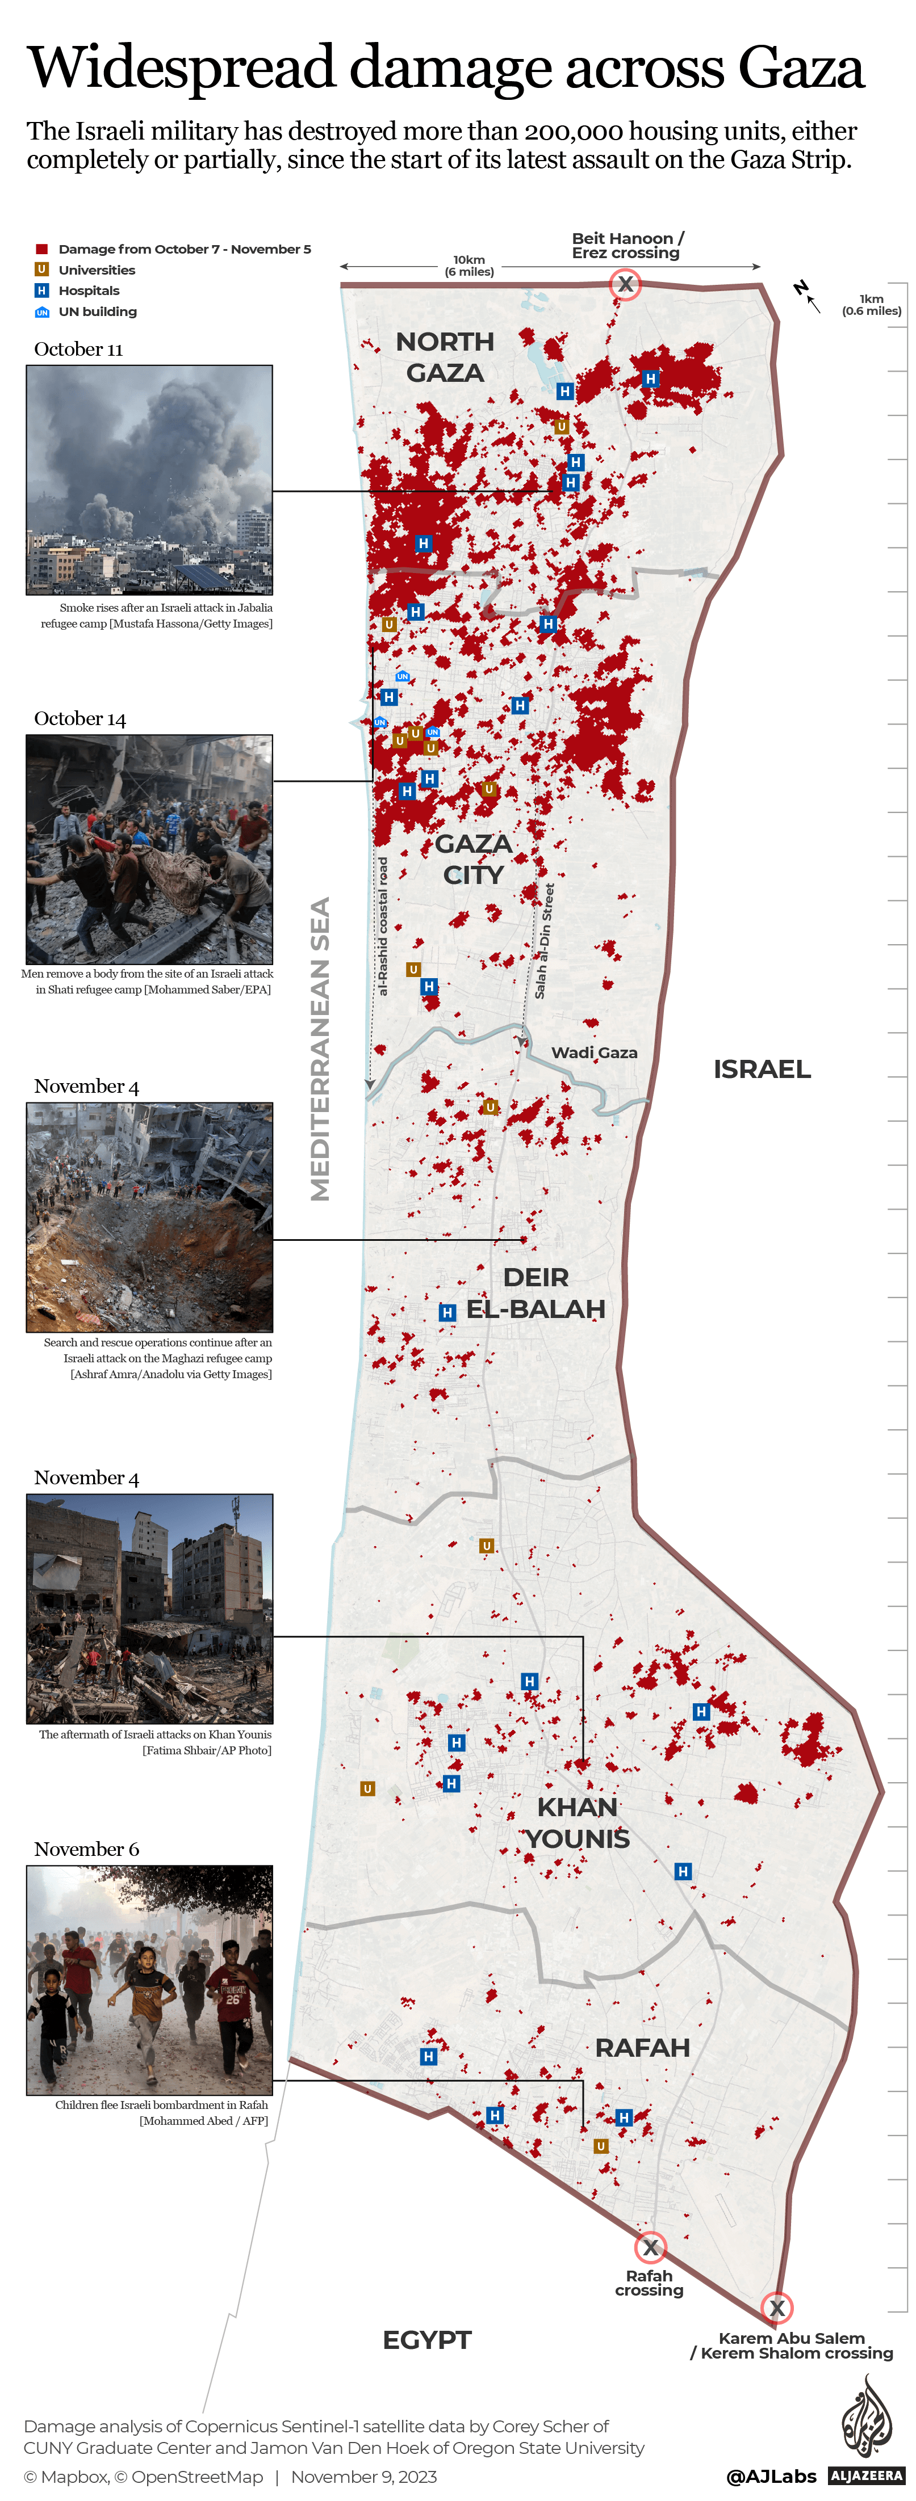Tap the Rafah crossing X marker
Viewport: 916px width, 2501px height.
[650, 2247]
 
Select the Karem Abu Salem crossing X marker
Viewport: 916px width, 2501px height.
[776, 2307]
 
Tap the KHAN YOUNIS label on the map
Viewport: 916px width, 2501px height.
[578, 1822]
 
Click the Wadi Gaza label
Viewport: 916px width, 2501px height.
[595, 1052]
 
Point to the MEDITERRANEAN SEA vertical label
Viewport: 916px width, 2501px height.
[320, 1049]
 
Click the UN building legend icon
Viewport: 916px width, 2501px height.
[42, 311]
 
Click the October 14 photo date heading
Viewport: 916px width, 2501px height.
[80, 718]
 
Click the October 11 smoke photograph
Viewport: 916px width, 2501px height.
[149, 479]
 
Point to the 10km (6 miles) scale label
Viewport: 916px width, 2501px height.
[469, 265]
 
